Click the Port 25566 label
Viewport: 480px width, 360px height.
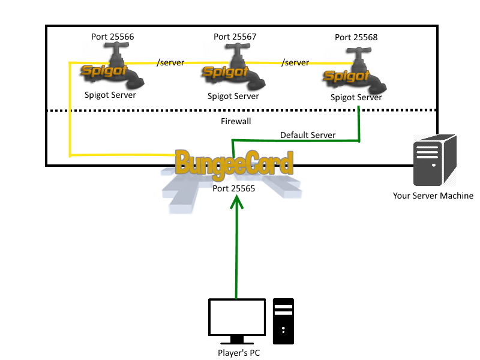point(113,37)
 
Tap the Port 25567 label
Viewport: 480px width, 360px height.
point(235,37)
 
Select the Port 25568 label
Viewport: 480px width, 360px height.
point(356,37)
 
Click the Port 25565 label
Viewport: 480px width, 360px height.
point(235,188)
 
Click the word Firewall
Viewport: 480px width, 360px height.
point(236,121)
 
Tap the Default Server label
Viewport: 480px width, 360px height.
point(308,135)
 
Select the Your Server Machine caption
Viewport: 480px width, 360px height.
point(433,196)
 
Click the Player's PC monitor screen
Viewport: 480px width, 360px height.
point(237,317)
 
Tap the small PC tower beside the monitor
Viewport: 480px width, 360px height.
point(283,321)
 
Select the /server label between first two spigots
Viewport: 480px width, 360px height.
point(170,62)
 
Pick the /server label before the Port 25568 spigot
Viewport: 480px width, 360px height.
point(295,62)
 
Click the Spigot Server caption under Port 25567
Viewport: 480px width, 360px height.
point(233,96)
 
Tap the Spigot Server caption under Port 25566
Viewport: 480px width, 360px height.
point(110,95)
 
